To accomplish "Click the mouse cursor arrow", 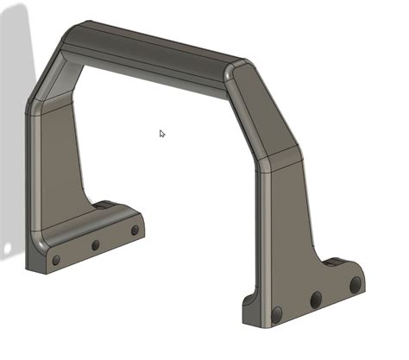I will pos(162,134).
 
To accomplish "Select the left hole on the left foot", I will pos(56,259).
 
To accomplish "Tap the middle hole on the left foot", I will pos(95,245).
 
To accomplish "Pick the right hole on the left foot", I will pos(135,231).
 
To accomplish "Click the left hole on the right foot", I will pos(277,314).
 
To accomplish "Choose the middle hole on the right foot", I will pos(316,300).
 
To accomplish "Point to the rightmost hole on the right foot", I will pos(355,284).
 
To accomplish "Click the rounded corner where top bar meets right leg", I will pos(241,71).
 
